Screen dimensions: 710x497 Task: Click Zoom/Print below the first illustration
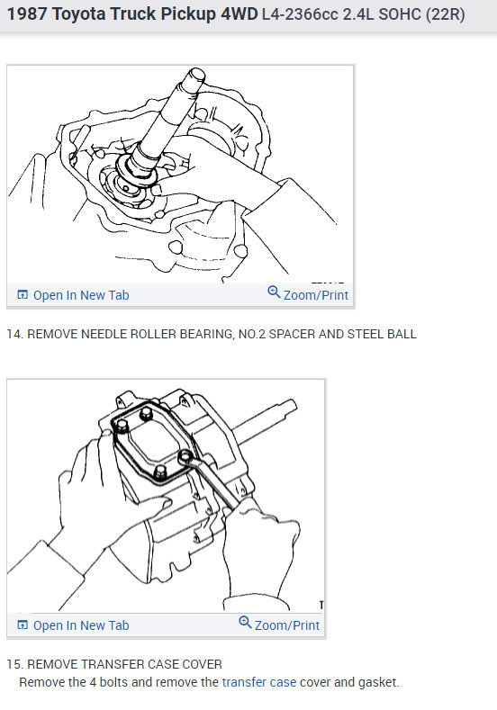[315, 294]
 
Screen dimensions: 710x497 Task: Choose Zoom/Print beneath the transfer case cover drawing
[286, 625]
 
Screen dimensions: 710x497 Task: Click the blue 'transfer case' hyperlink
[259, 682]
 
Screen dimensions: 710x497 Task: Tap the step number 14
[14, 334]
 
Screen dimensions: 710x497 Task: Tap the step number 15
[14, 664]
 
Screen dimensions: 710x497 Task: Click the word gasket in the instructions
[378, 682]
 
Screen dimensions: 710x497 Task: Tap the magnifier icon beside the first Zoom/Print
[274, 293]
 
